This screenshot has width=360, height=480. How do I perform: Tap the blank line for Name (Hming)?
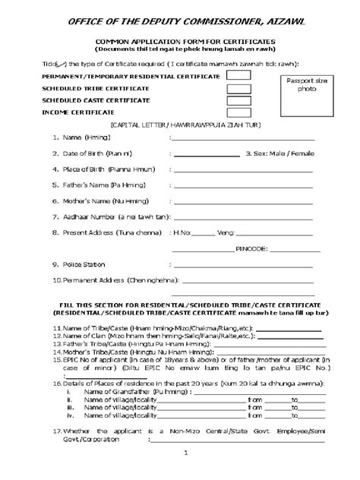[243, 140]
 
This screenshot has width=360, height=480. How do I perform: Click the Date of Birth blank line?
[207, 155]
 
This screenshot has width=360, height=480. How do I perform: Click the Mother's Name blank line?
[243, 203]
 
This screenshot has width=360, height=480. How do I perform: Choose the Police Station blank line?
[243, 266]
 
